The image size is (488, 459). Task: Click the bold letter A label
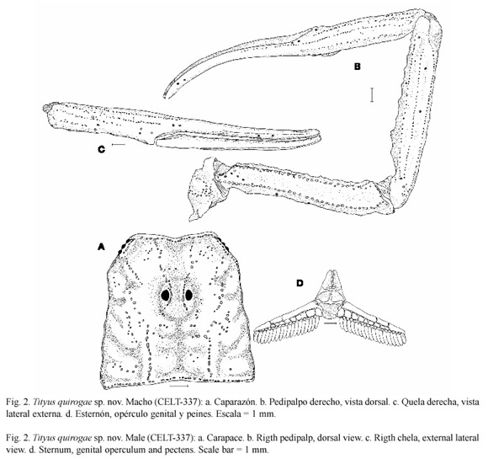coord(101,247)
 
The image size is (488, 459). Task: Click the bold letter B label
coord(358,67)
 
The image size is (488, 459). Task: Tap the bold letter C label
coord(102,150)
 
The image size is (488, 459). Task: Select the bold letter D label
coord(300,283)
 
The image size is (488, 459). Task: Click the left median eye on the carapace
coord(165,295)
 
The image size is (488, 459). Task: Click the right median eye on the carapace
coord(188,294)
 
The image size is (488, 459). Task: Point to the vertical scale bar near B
coord(372,94)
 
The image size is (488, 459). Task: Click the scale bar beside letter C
coord(119,145)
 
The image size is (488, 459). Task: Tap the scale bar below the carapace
coord(179,386)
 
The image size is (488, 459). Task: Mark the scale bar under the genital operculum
coord(330,323)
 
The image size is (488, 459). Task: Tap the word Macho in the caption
coord(138,402)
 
